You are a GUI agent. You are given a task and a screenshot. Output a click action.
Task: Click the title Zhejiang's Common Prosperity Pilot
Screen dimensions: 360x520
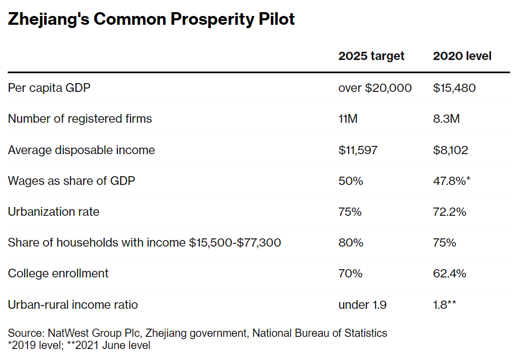[x=151, y=19]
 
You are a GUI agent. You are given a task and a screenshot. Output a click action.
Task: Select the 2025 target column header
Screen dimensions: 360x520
[x=371, y=56]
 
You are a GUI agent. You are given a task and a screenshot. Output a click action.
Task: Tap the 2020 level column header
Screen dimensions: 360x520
[x=462, y=56]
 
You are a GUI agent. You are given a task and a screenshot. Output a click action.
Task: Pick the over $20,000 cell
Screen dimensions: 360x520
[x=375, y=88]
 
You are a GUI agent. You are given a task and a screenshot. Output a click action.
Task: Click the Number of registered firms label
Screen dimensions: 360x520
[x=79, y=119]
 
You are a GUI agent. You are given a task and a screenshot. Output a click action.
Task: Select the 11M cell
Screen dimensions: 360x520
[x=348, y=119]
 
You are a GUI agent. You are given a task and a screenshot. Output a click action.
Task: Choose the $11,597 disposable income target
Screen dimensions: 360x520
[x=358, y=150]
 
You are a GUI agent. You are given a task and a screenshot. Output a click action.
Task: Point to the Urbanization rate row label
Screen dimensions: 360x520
[x=53, y=212]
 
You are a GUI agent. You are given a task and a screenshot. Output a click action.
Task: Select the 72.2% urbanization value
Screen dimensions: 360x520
[x=449, y=212]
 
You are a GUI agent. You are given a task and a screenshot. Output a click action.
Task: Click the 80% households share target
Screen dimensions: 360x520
[x=350, y=243]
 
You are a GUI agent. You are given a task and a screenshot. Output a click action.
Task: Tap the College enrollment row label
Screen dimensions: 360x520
[x=58, y=274]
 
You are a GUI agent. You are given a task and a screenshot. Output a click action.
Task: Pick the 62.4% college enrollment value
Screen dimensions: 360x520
[x=449, y=274]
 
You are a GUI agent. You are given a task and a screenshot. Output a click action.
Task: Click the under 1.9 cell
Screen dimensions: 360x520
[x=362, y=304]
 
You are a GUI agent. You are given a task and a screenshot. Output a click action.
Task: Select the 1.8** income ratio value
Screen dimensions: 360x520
[x=445, y=304]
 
